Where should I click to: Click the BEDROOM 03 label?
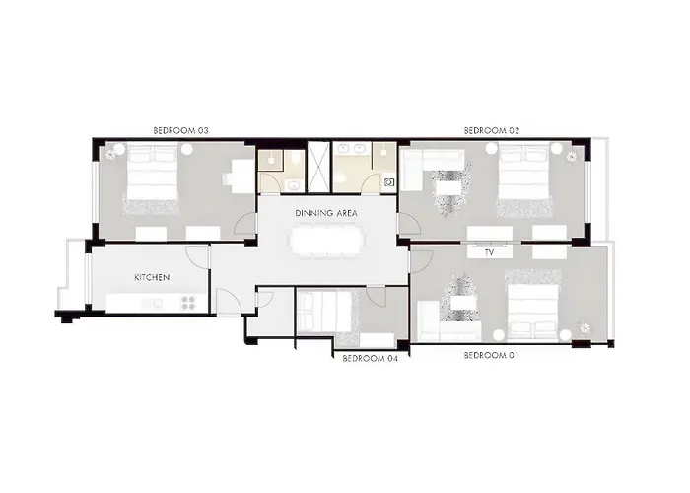(180, 131)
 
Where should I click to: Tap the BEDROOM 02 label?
(492, 131)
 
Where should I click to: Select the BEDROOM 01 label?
(492, 355)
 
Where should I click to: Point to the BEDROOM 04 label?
(370, 358)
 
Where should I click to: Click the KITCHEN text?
(152, 277)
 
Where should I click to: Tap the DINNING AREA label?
(326, 214)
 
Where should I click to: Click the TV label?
(489, 253)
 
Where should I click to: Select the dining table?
(327, 242)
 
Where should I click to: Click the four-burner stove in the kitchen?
(188, 302)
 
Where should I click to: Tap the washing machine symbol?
(389, 182)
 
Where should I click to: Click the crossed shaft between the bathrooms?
(318, 167)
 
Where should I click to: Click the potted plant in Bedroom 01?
(585, 328)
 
